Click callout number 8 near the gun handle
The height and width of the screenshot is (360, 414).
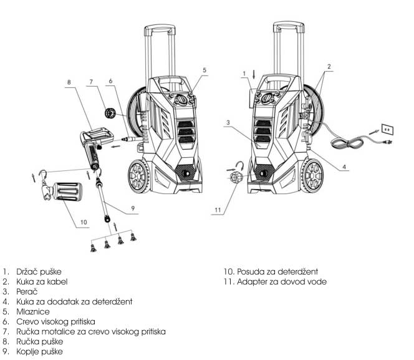coord(69,82)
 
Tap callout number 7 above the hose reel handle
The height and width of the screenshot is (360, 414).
coord(90,82)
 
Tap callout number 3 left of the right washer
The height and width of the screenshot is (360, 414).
coord(229,123)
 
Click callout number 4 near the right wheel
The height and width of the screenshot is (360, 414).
coord(344,167)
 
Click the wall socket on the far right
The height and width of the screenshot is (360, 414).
coord(387,129)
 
